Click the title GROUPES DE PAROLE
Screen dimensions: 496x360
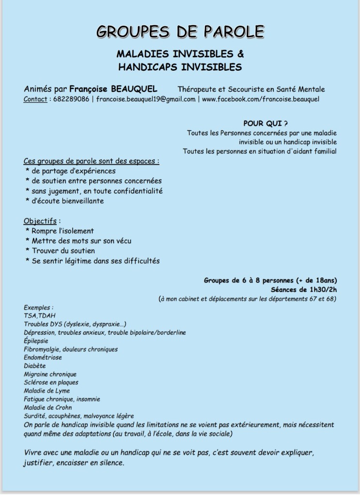coord(180,31)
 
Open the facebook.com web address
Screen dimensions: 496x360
coord(260,99)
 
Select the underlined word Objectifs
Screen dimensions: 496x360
coord(40,221)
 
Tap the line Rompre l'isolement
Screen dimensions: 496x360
coord(63,231)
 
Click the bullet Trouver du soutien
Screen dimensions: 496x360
coord(63,251)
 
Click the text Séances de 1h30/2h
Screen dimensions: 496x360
coord(304,289)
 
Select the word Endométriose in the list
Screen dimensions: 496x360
coord(43,357)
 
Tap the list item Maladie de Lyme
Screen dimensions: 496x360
coord(47,391)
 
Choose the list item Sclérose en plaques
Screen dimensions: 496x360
coord(51,383)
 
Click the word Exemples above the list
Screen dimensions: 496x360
coord(38,308)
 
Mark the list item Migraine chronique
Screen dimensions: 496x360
coord(50,374)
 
